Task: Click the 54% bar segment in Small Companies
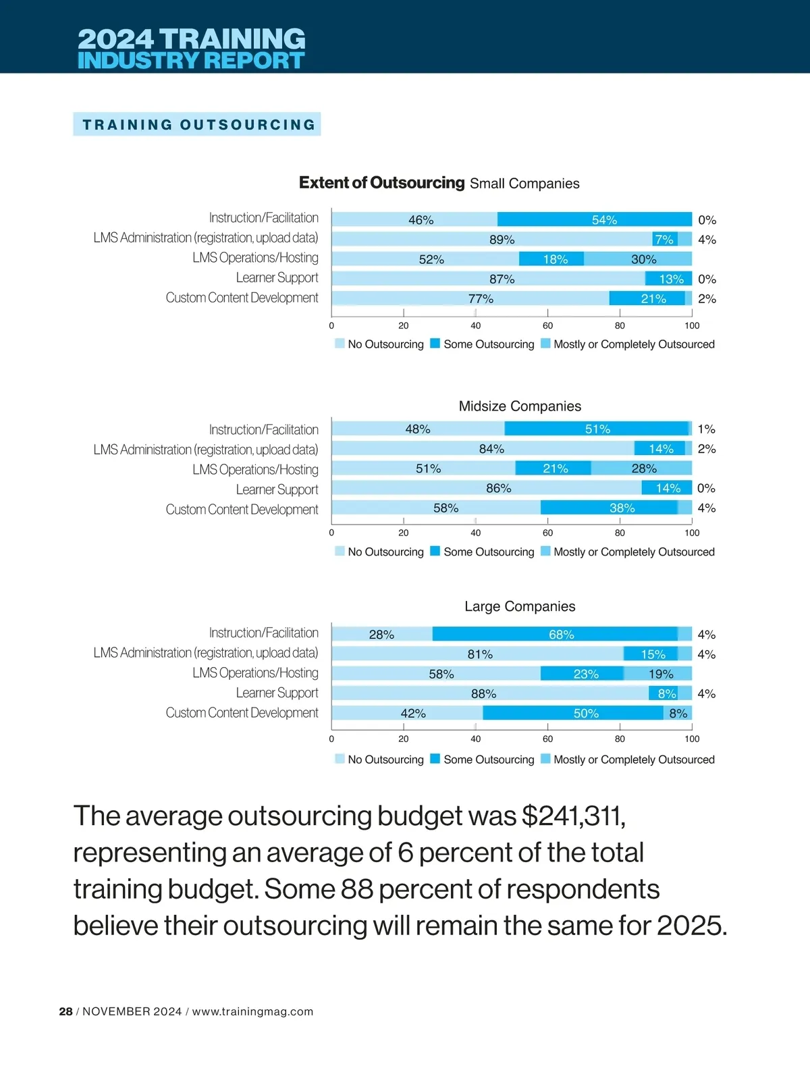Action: click(594, 219)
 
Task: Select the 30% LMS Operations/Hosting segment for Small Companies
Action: click(638, 259)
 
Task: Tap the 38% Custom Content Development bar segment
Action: click(609, 508)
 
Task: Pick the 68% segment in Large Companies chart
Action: click(555, 634)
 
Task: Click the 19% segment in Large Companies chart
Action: click(658, 674)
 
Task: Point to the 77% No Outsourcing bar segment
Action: click(471, 298)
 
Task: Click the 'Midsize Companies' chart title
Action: click(520, 406)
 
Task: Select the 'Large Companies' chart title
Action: click(520, 606)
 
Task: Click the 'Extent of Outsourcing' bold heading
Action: click(381, 183)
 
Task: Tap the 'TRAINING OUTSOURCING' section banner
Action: click(197, 124)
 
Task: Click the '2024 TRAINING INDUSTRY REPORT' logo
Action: click(191, 49)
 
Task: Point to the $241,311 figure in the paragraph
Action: click(574, 816)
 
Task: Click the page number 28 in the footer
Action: click(65, 1011)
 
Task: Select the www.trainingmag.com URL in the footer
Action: click(252, 1011)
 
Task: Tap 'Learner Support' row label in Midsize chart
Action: click(277, 489)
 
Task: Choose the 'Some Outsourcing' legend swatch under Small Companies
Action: click(435, 344)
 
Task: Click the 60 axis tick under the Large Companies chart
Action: click(547, 739)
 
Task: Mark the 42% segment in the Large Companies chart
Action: click(408, 713)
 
